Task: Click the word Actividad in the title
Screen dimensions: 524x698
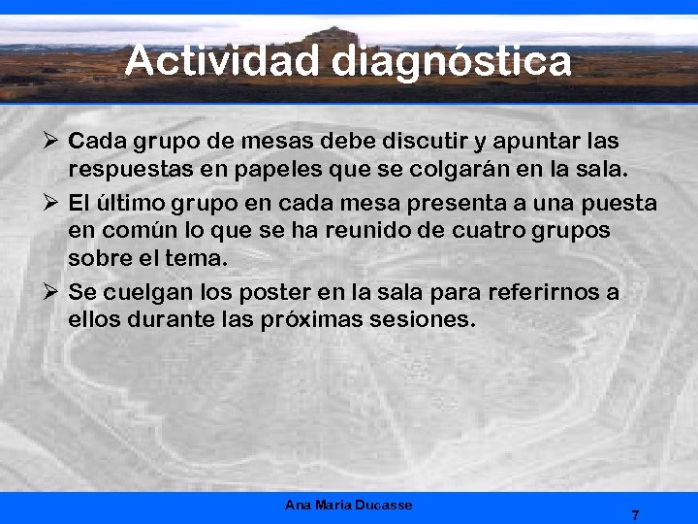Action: [222, 61]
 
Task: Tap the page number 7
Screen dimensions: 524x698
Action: [635, 515]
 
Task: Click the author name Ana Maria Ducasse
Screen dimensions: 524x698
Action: [349, 505]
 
